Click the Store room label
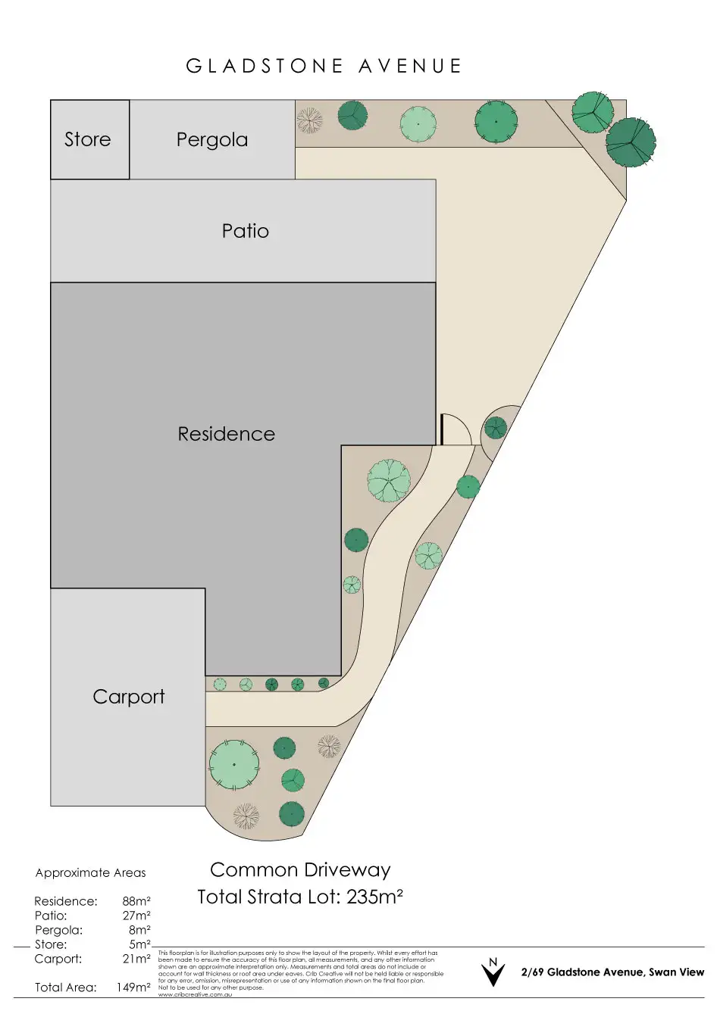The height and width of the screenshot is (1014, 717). coord(87,139)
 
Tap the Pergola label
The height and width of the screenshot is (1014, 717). coord(212,139)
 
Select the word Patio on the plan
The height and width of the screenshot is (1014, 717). coord(245,231)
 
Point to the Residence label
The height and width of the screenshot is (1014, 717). coord(226,434)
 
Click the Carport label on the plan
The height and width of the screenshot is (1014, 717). coord(128,697)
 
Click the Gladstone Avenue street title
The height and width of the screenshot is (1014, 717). coord(324,67)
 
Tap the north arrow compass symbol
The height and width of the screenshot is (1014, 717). coord(493,972)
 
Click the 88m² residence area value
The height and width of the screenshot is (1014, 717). coord(136,901)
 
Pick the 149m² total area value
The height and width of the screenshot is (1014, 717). coord(133,987)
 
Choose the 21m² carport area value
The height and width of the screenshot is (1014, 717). coord(136,959)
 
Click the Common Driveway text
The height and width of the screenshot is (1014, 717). coord(300,870)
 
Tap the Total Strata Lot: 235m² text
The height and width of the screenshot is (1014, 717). coord(300,897)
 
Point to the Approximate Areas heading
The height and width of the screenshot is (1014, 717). coord(90,872)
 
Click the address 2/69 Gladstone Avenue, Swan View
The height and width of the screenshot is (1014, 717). coord(612,972)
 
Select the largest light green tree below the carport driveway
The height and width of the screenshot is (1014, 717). coord(233,765)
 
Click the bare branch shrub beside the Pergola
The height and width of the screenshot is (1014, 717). coord(309,120)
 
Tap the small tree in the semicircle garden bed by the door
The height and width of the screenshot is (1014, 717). coord(495,429)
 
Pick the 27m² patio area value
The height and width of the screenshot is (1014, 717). coord(136,916)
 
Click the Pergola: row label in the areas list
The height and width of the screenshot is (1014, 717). coord(58,930)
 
